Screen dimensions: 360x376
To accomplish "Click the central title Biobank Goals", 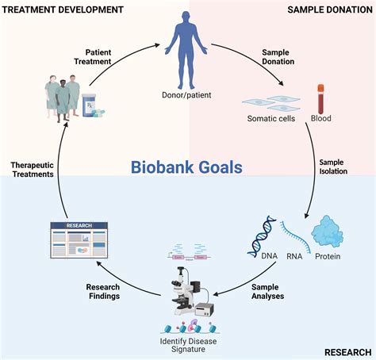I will click(187, 167).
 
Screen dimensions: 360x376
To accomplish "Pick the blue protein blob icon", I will click(329, 228).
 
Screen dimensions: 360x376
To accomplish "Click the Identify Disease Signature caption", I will click(188, 346).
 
